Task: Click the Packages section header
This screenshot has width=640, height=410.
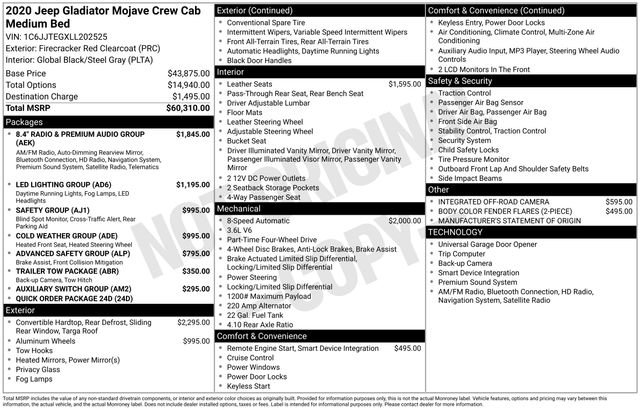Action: (25, 120)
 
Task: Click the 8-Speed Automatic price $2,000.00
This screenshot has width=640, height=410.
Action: (404, 220)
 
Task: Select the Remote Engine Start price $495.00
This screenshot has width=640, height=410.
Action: (407, 348)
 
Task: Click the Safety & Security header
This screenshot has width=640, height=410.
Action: (459, 80)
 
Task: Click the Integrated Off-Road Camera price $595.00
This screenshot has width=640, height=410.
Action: (618, 201)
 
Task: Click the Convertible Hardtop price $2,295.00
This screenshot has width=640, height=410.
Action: (193, 323)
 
